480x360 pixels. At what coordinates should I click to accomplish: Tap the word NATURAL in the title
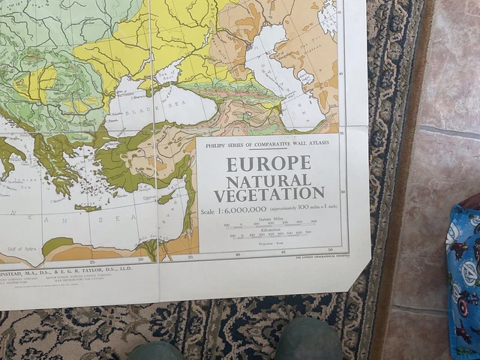point(268,181)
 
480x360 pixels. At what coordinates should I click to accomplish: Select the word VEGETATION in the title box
point(268,195)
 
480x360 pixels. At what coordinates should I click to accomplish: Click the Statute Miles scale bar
point(271,223)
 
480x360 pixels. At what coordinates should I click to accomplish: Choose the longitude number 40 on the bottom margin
point(238,255)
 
